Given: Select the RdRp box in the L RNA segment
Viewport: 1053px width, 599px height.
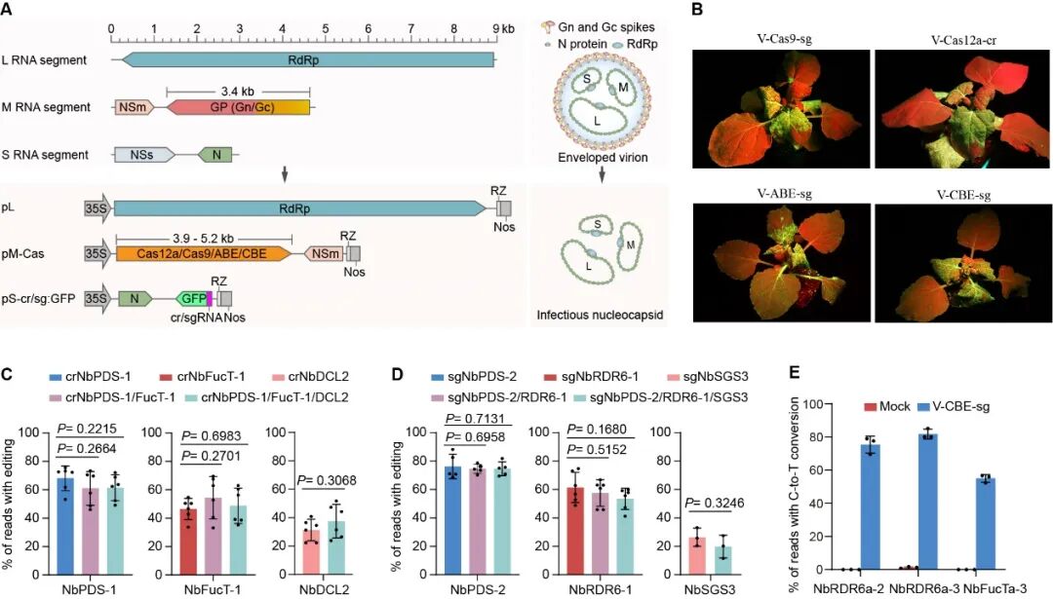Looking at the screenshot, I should [x=307, y=60].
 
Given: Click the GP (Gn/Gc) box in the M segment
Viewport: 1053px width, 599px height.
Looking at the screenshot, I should [x=238, y=106].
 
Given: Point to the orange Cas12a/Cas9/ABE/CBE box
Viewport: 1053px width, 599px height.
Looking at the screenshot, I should [x=203, y=253].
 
